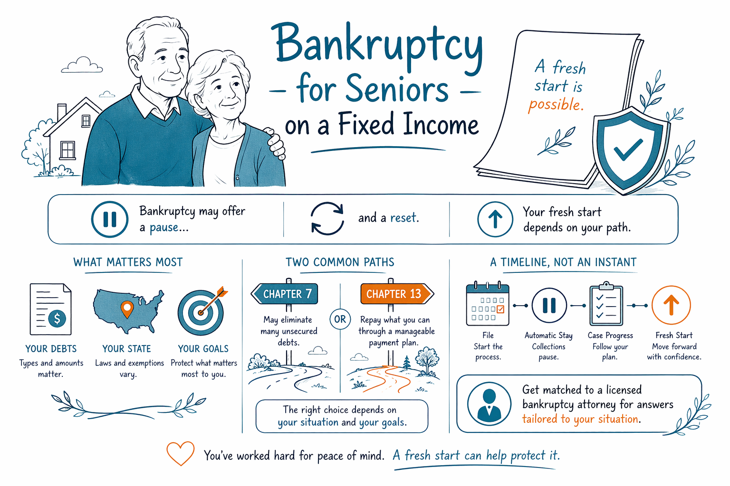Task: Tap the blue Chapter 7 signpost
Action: tap(284, 294)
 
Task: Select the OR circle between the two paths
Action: tap(340, 319)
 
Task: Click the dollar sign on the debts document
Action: tap(57, 318)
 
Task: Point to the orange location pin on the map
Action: tap(127, 309)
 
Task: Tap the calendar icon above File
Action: tap(488, 303)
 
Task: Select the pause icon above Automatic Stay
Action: tap(549, 305)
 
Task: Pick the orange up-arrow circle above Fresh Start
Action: tap(671, 305)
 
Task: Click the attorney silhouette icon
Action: tap(489, 403)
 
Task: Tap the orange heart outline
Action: tap(180, 453)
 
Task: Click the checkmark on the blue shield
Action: tap(628, 150)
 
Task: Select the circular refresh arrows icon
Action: tap(327, 218)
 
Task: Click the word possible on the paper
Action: tap(556, 105)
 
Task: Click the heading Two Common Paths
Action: tap(340, 262)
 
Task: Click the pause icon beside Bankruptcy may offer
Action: tap(109, 219)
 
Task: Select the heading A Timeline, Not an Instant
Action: tap(563, 262)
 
